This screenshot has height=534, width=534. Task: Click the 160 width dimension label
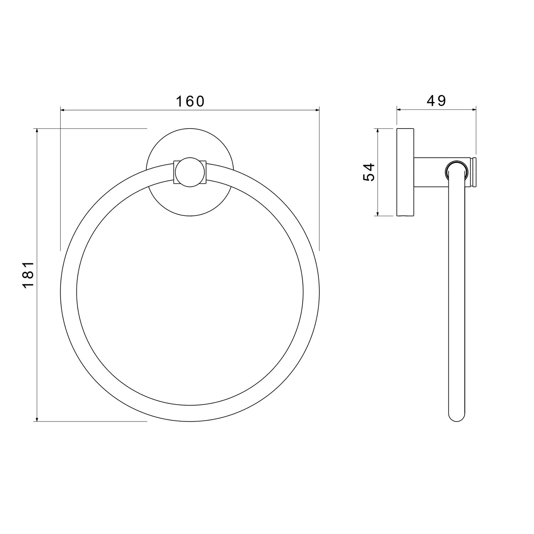coord(190,101)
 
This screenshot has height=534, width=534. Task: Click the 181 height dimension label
coord(28,274)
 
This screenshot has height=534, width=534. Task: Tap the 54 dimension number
coord(369,172)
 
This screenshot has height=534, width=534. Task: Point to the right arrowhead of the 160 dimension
coord(315,110)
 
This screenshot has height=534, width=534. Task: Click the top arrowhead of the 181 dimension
coord(37,132)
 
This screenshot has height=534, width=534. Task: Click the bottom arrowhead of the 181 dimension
coord(37,418)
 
